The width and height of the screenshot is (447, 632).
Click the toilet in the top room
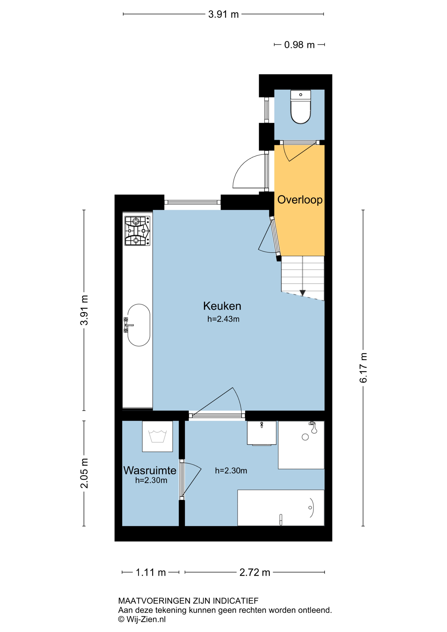point(301,107)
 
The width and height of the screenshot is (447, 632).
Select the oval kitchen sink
point(139,325)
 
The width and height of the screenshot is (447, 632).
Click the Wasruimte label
point(150,470)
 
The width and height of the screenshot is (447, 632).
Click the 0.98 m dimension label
point(299,45)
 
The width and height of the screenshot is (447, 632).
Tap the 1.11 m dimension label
point(151,572)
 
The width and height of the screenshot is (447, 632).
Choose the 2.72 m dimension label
point(255,572)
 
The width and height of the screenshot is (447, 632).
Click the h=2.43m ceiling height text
point(223,319)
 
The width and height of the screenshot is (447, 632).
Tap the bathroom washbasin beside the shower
point(261,433)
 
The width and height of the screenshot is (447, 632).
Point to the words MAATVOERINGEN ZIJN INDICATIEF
point(188,601)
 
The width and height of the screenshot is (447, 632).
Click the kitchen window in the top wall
point(192,202)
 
